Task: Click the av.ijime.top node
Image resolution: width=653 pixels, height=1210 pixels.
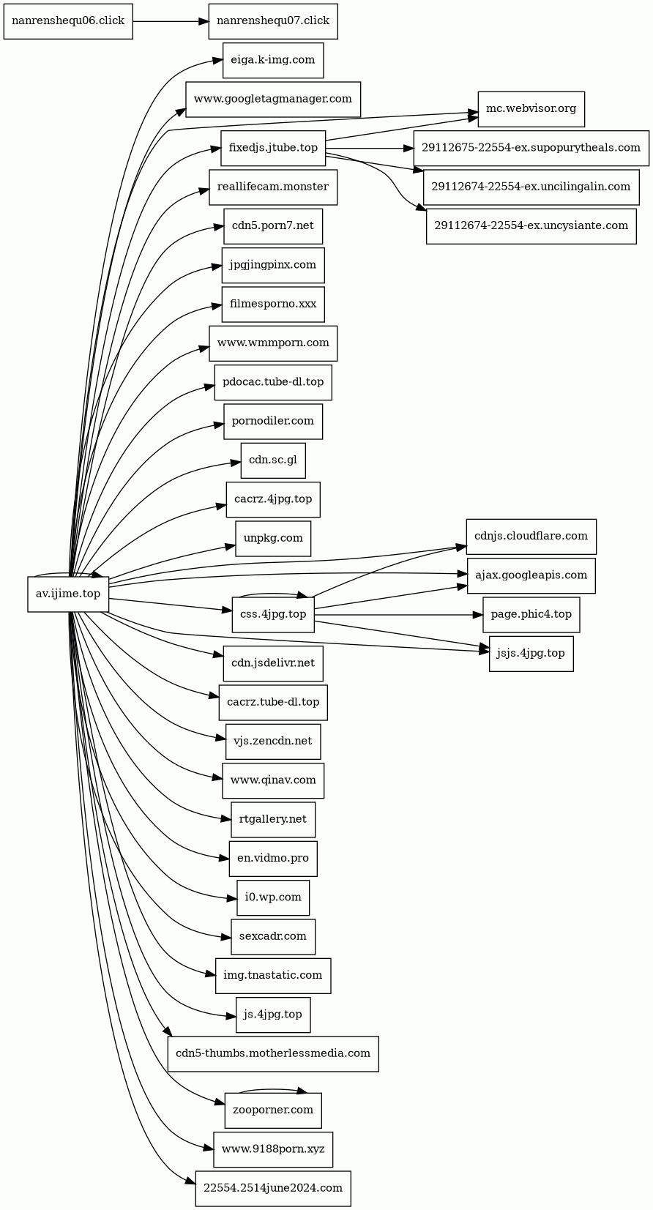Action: [68, 594]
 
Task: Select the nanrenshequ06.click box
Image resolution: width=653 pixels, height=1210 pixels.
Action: [68, 21]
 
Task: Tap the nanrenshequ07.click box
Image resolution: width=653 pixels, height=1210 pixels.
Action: [273, 21]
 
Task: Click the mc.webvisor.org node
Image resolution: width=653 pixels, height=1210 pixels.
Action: [531, 109]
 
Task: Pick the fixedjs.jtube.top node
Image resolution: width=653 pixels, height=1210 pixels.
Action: [273, 148]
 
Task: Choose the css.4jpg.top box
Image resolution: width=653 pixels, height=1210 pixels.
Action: [273, 614]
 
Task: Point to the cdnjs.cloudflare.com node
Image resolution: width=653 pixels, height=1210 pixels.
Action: [531, 537]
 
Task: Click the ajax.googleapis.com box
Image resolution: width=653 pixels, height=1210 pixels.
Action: [531, 575]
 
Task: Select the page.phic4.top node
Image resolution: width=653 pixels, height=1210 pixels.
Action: [531, 614]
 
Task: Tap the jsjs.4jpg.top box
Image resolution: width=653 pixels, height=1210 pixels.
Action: [531, 653]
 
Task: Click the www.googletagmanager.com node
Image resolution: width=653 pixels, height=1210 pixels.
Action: [273, 99]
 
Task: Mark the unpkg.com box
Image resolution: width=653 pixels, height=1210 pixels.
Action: [273, 538]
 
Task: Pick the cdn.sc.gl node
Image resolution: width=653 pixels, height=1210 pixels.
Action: [273, 460]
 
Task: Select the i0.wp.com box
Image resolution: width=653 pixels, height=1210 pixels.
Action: [273, 897]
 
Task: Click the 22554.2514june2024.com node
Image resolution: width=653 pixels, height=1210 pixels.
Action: [273, 1188]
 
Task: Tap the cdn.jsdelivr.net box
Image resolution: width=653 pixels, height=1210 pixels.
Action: [273, 663]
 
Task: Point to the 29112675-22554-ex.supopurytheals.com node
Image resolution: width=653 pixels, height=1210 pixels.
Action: [531, 148]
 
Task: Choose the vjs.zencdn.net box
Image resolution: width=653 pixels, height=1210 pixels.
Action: [273, 741]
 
